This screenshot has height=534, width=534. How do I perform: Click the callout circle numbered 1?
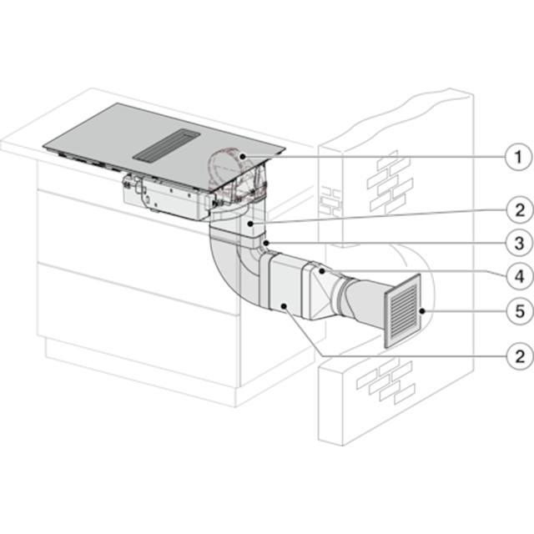click(x=518, y=157)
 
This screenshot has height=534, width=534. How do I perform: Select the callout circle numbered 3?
click(x=519, y=244)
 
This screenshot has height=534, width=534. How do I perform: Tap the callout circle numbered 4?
click(x=519, y=276)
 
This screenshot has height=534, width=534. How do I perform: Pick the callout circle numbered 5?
click(x=520, y=311)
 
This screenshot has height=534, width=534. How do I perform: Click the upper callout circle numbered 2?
click(x=520, y=210)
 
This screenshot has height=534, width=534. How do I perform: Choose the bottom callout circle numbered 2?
click(x=520, y=356)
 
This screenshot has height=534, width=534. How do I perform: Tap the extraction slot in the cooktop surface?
click(x=167, y=144)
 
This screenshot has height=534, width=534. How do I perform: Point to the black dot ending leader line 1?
click(x=243, y=156)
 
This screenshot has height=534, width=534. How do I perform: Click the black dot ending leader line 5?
click(x=422, y=311)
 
